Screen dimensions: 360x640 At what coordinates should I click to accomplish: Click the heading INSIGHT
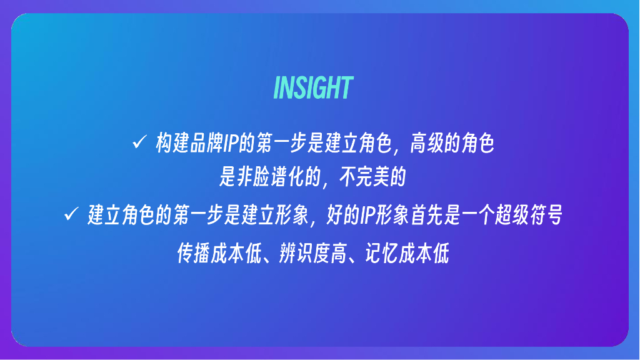(x=313, y=88)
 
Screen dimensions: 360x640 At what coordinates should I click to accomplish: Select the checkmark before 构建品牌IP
(x=139, y=143)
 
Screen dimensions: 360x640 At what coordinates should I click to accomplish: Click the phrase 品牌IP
(x=214, y=144)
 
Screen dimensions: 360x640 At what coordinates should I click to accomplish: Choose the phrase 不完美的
(x=373, y=179)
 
